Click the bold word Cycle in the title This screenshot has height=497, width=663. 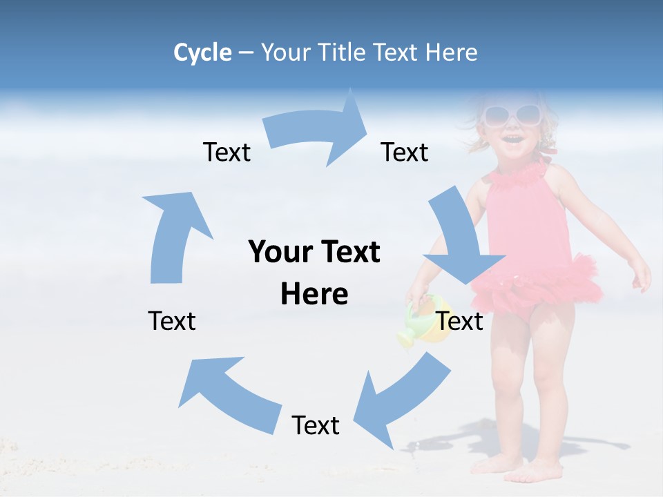click(x=202, y=52)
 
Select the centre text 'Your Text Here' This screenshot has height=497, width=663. click(x=314, y=273)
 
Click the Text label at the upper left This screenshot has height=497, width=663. click(x=227, y=153)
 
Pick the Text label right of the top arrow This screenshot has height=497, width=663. click(x=405, y=153)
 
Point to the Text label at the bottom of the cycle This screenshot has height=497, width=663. click(x=316, y=426)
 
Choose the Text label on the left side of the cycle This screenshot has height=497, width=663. click(x=172, y=321)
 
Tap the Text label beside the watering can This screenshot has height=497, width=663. click(x=460, y=321)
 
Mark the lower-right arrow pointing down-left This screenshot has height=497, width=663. click(x=401, y=397)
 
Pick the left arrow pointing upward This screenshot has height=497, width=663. click(x=173, y=235)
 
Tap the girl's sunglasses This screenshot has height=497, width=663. click(x=512, y=115)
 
